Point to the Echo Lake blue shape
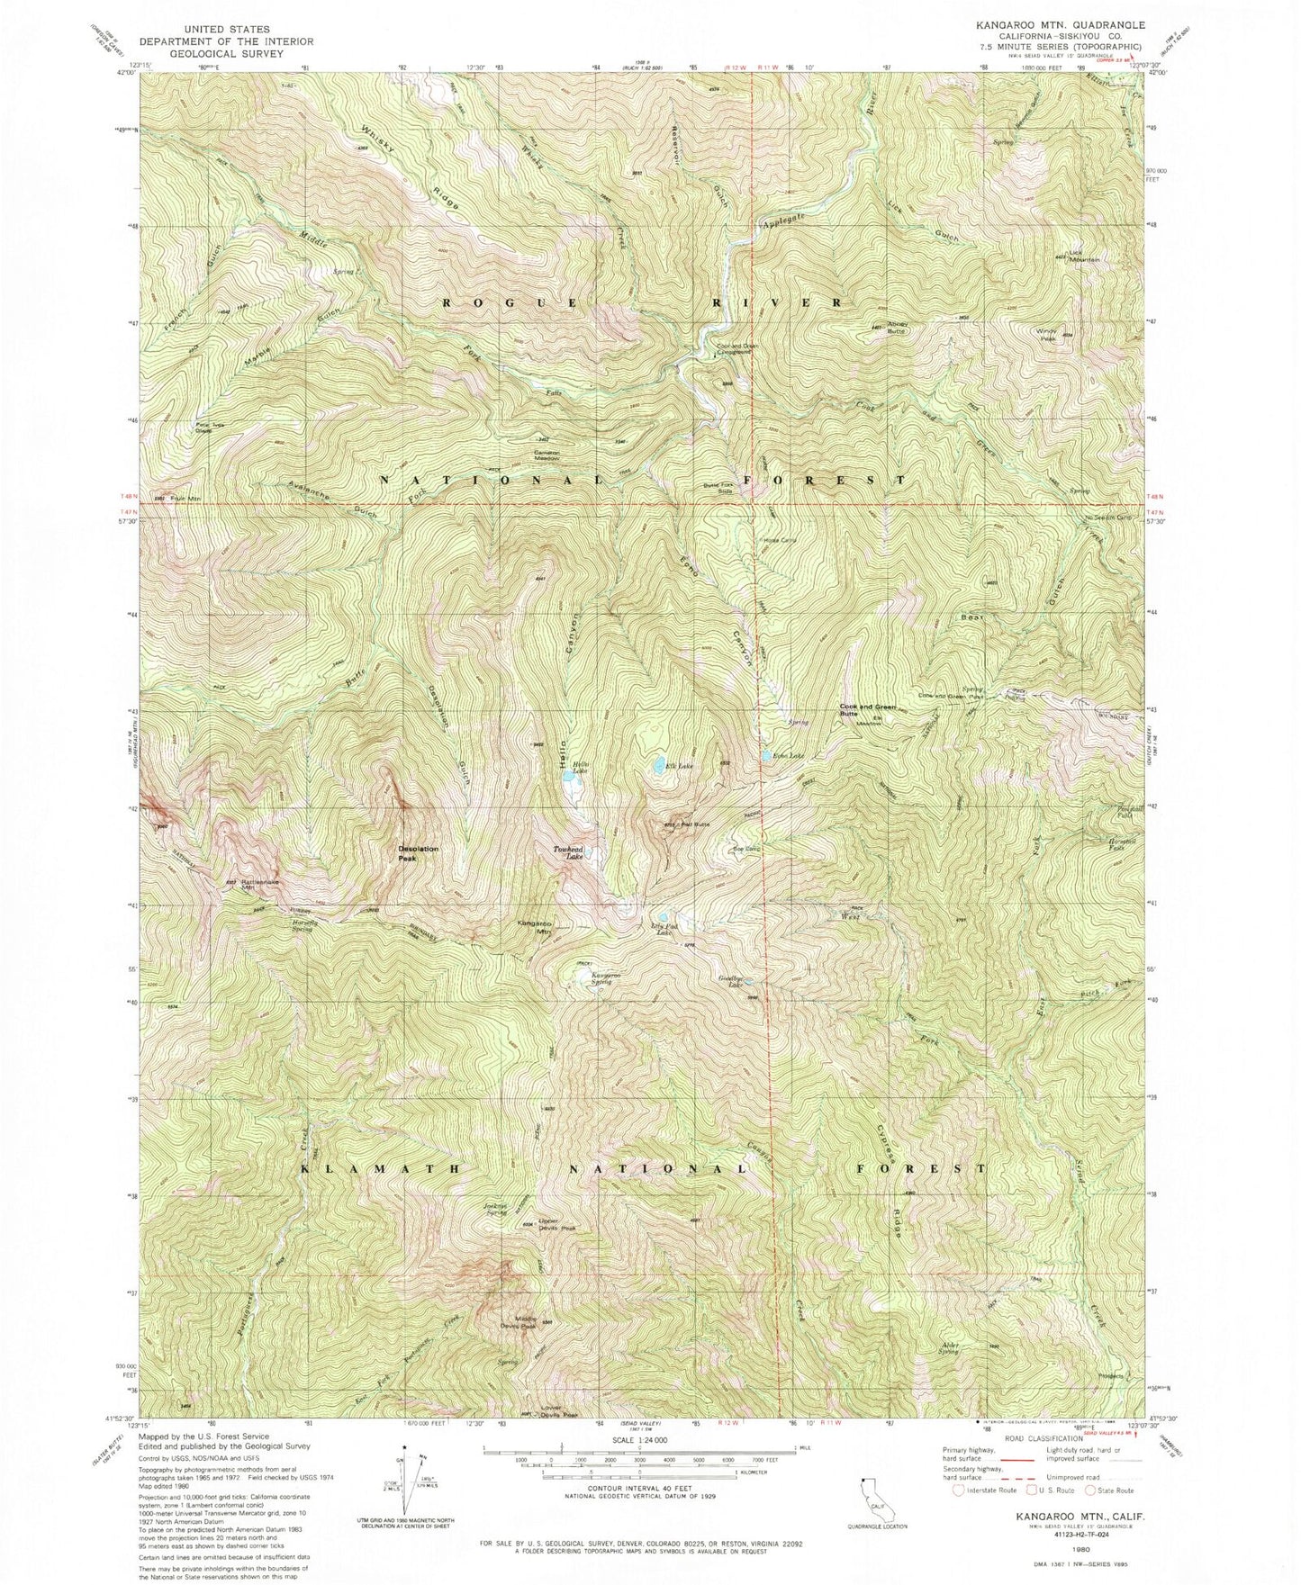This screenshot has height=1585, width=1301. (x=766, y=757)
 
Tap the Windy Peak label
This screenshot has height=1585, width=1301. (x=1047, y=334)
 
